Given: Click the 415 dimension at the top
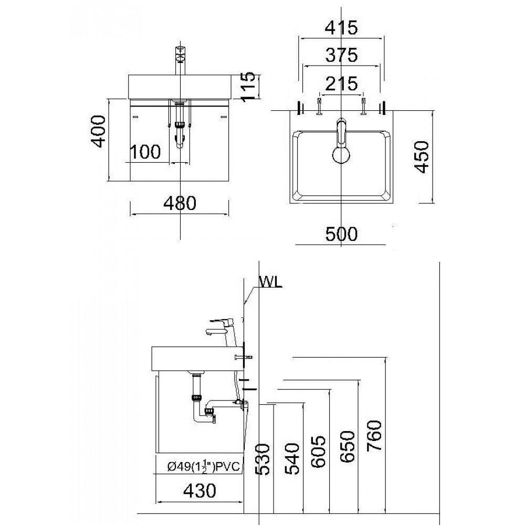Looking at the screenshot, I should click(x=341, y=28).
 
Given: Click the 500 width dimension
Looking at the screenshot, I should click(x=341, y=234).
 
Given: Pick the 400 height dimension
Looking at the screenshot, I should click(x=98, y=131).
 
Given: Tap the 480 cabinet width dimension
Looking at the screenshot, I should click(x=180, y=203).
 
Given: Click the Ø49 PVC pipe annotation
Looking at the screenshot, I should click(x=199, y=466).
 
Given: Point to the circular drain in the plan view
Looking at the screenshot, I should click(x=341, y=156).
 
